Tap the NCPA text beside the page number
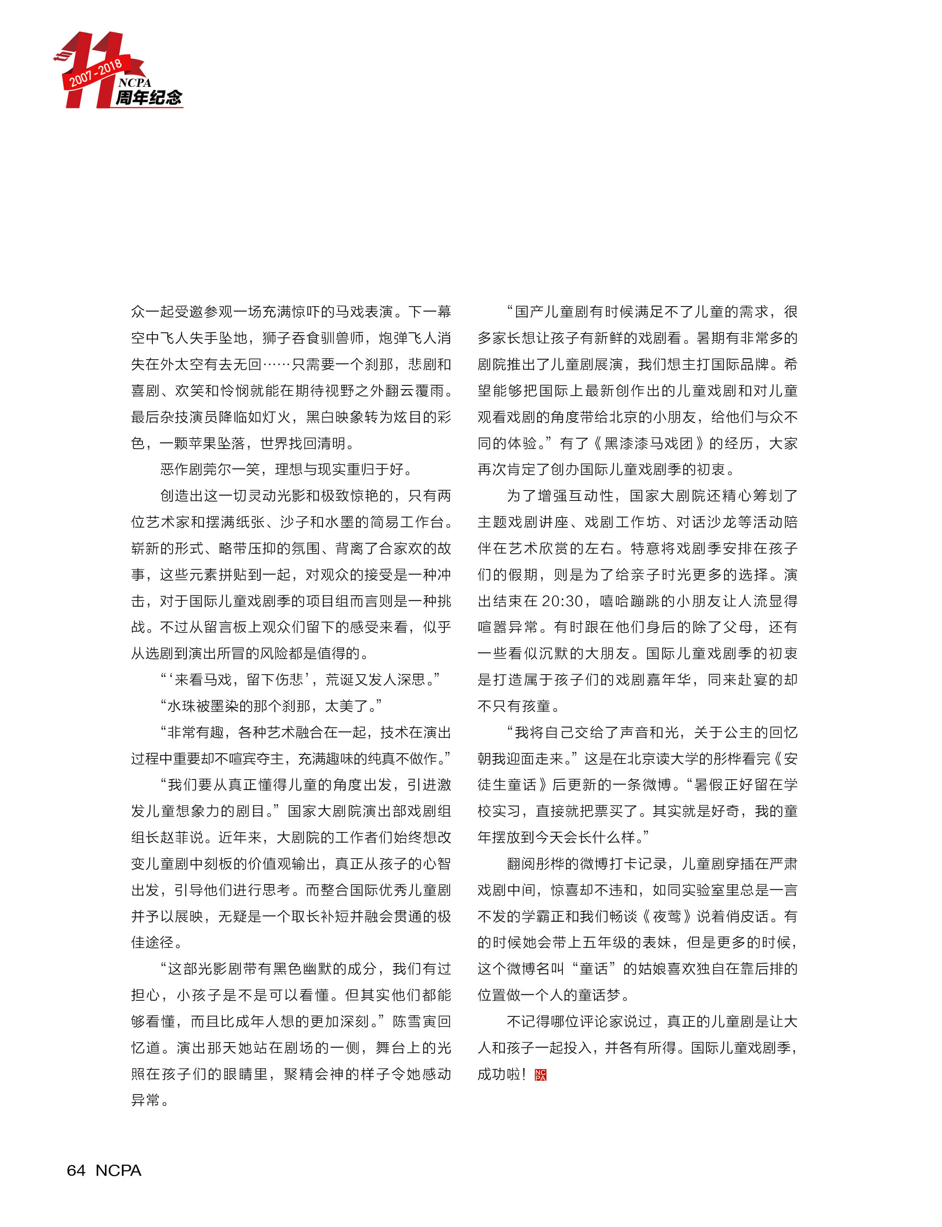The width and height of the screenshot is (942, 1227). point(118,1170)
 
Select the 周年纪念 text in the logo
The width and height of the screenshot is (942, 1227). point(148,98)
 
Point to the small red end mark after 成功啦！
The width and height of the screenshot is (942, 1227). point(541,1075)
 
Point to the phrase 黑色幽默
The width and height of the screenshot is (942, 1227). point(317,969)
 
